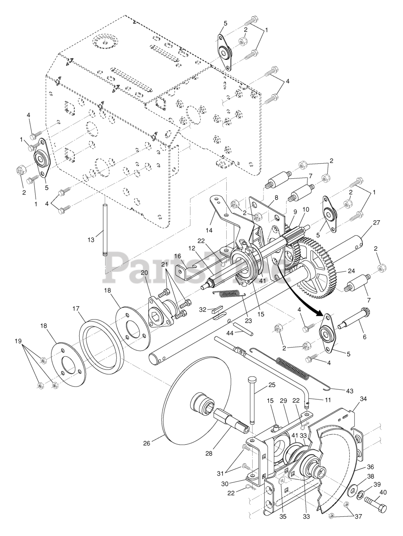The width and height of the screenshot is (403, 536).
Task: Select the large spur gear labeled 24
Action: [314, 272]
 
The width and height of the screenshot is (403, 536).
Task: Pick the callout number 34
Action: [363, 399]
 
